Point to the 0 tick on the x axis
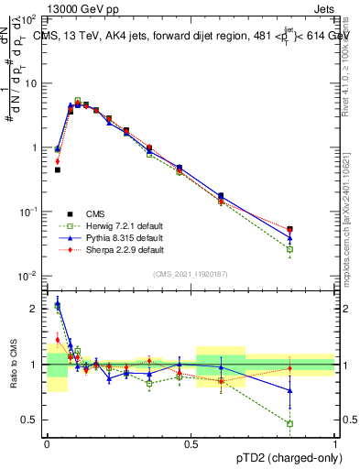click(47, 444)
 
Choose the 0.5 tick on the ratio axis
click(33, 420)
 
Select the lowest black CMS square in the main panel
click(57, 169)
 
